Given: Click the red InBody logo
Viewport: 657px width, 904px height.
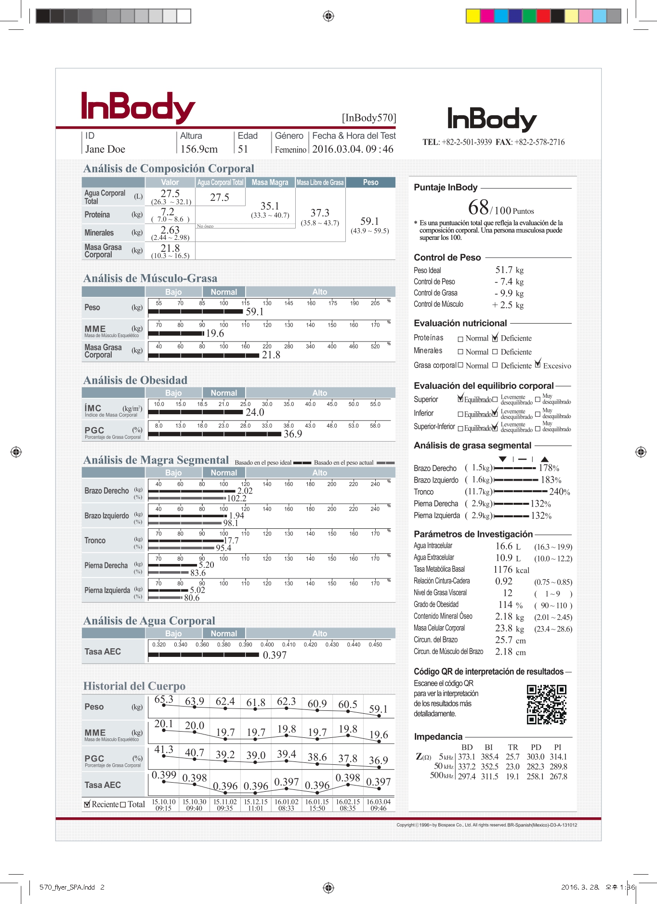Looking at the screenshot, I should pos(138,107).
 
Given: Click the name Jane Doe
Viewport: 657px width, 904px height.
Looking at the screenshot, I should pos(105,149).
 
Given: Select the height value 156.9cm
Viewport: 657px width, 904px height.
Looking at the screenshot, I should pos(198,149).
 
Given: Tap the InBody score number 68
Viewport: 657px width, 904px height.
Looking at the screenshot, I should pos(478,208).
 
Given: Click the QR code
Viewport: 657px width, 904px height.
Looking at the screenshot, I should pos(546,704).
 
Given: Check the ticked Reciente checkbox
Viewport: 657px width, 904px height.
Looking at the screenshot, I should pos(87,804).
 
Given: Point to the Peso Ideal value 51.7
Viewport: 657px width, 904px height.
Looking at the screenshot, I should pos(504,270).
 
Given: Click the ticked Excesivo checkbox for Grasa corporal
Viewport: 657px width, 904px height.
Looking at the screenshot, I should pos(538,365).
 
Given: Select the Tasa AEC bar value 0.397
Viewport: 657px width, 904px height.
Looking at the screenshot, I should pos(275,655).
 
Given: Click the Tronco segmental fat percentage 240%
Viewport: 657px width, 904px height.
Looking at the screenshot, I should pos(559,492).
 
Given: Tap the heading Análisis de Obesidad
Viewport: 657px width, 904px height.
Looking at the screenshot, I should pos(135,380).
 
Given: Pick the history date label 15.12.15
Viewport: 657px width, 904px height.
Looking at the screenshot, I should pos(256,802).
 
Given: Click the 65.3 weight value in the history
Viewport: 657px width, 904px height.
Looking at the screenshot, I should pos(163,699).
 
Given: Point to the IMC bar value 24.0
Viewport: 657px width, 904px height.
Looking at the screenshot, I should pos(255,412).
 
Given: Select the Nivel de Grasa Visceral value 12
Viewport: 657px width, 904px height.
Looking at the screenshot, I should pos(507,593).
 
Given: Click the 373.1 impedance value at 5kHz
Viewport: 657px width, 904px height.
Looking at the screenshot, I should pos(466,757).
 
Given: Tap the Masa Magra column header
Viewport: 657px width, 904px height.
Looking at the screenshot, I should pos(270,183).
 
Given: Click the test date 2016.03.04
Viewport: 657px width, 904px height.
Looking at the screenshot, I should pos(337,149).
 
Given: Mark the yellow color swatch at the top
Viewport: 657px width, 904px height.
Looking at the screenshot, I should pos(473,16).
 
